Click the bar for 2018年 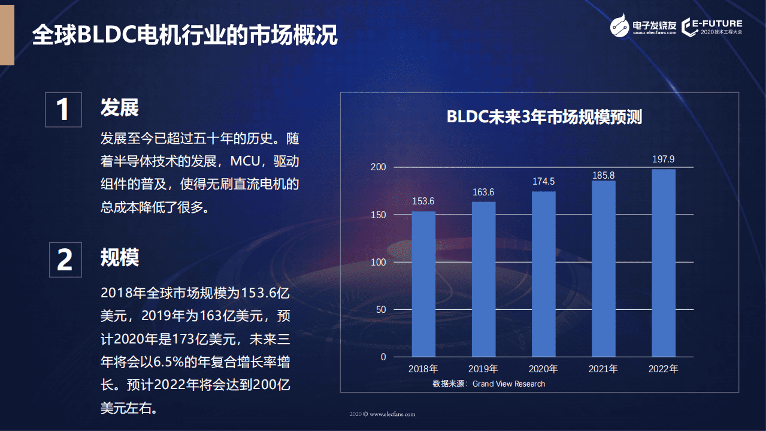pos(423,284)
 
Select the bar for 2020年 pos(543,274)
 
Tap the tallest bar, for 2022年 pos(663,263)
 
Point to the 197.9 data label pos(663,159)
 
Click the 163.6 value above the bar pos(483,192)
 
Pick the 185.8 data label pos(603,176)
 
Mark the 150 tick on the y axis pos(379,215)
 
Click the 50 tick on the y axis pos(381,310)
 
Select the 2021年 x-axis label pos(603,369)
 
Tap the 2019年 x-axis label pos(483,369)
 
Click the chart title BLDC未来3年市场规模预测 pos(544,117)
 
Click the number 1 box pos(63,110)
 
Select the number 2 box pos(65,260)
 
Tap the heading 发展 pos(119,108)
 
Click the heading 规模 pos(119,258)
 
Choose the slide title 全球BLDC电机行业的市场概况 pos(184,35)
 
